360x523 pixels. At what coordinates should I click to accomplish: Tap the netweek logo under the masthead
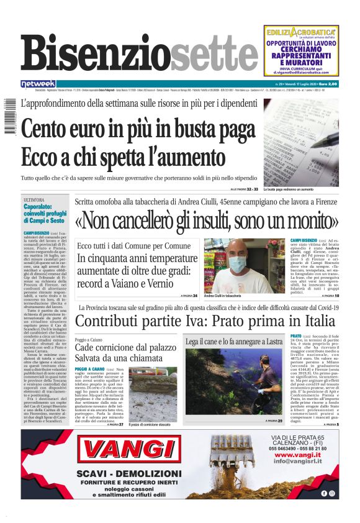[x=38, y=83]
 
